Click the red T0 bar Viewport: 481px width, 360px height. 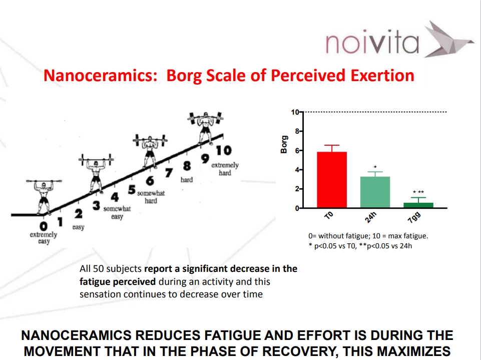332,180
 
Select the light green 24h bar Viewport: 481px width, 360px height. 375,192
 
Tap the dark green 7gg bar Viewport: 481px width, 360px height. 418,205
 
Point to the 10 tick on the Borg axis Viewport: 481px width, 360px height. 295,112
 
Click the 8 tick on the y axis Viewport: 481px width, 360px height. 297,131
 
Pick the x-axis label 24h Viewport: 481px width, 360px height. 370,217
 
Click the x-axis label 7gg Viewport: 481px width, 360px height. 414,217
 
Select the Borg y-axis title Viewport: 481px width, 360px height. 284,144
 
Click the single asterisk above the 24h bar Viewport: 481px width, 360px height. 375,167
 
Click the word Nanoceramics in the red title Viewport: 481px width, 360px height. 100,76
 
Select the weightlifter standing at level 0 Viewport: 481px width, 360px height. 44,196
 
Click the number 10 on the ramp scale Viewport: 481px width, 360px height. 224,150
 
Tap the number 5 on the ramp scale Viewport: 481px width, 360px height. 132,190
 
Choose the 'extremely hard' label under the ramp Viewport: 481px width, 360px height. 225,169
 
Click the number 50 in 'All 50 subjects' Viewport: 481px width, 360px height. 99,269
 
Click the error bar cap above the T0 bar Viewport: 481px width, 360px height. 332,145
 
